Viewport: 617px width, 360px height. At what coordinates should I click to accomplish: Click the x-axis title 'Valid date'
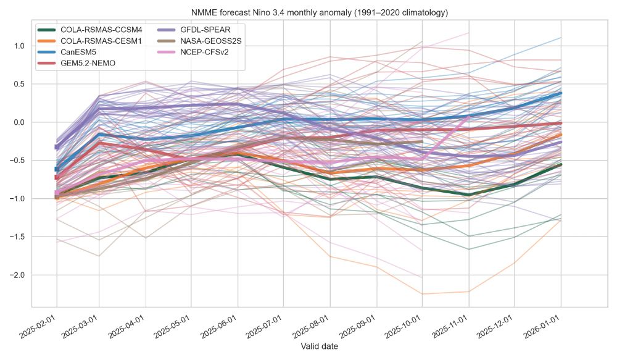(319, 347)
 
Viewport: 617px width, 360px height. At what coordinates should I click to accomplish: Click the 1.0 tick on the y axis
(20, 46)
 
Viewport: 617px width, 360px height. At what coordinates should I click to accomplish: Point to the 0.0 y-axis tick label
(20, 122)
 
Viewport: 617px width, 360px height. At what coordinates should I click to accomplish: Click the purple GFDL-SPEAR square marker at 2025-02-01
(57, 147)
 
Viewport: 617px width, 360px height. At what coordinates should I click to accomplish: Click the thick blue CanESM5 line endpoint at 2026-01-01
(560, 93)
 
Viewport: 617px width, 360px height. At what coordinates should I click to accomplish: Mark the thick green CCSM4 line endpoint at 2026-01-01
(560, 164)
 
